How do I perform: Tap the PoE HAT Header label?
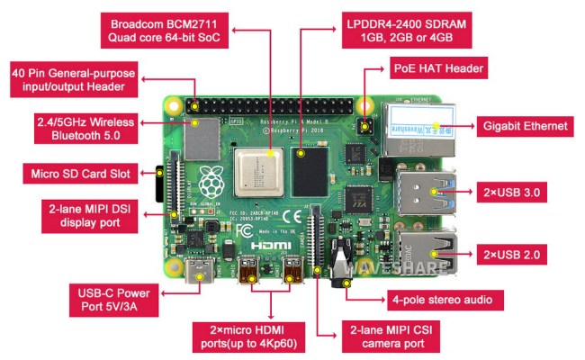pyautogui.click(x=440, y=68)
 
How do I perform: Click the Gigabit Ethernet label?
pyautogui.click(x=524, y=126)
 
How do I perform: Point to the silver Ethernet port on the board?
pyautogui.click(x=419, y=126)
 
